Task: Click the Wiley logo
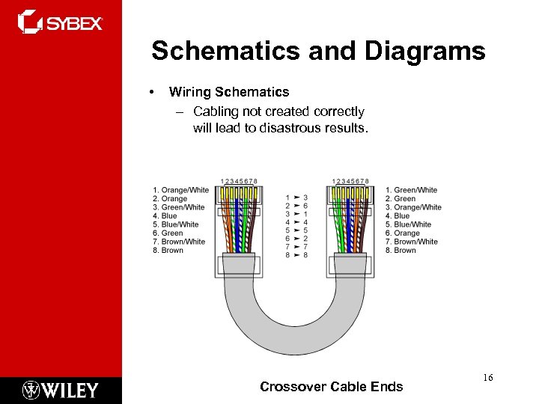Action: [x=61, y=390]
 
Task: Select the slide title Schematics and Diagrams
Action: [x=318, y=52]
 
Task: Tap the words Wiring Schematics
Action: [x=228, y=92]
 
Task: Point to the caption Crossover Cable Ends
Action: [x=331, y=387]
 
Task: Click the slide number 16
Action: [x=487, y=378]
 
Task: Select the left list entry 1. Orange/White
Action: [x=180, y=190]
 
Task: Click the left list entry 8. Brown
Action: [x=167, y=251]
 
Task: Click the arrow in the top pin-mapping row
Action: [x=296, y=197]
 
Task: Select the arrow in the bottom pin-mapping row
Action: [x=296, y=255]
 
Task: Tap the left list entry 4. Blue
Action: [x=164, y=216]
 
